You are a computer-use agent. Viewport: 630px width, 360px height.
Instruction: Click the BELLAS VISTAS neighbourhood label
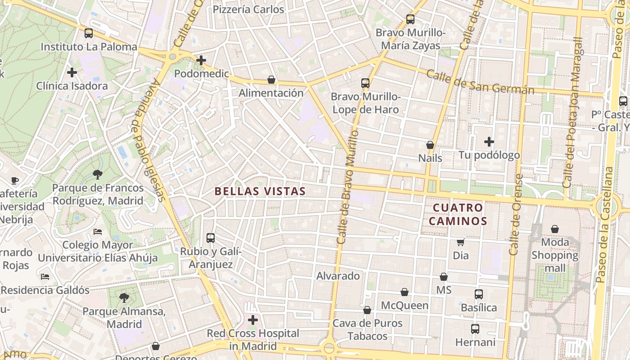[260, 191]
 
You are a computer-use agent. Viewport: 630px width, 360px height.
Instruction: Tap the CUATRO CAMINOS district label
[458, 214]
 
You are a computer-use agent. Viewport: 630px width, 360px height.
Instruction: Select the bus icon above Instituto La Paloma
[89, 33]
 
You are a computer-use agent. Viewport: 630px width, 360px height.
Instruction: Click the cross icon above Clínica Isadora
[72, 72]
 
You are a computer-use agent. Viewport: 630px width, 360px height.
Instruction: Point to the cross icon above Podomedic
[201, 60]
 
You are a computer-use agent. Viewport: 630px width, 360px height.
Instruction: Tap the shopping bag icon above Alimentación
[271, 80]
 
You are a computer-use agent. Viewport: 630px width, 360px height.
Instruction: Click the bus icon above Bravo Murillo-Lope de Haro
[365, 83]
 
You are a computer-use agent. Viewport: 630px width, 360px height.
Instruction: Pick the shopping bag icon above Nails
[430, 145]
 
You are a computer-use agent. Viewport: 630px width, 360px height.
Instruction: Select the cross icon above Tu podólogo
[489, 142]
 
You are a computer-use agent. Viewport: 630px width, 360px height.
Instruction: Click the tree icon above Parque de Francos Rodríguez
[97, 174]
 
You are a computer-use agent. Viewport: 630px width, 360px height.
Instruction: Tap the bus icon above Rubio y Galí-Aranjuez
[210, 238]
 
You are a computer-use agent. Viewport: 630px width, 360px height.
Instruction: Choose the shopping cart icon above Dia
[460, 242]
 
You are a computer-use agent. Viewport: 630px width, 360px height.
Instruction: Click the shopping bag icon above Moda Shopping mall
[555, 229]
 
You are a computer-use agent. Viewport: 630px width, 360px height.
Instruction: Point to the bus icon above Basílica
[479, 294]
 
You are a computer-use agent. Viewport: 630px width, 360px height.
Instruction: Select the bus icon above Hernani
[475, 329]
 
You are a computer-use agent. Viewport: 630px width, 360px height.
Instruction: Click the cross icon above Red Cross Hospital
[253, 320]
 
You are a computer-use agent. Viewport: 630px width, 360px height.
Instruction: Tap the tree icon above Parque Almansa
[124, 297]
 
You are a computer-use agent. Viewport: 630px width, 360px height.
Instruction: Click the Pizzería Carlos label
[248, 9]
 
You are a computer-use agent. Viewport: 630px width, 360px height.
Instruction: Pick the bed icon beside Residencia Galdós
[45, 276]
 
